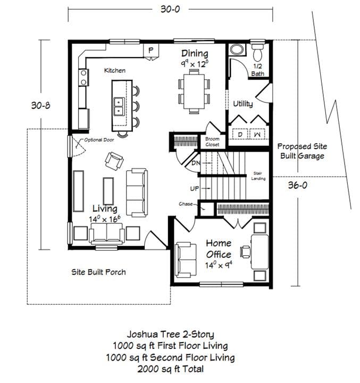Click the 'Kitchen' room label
click(x=114, y=70)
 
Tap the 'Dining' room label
click(x=195, y=53)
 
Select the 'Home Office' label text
click(x=219, y=249)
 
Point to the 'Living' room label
click(x=105, y=209)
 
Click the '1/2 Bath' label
click(x=257, y=70)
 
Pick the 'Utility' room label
click(x=242, y=104)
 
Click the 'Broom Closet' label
click(x=212, y=141)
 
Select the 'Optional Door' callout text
click(x=99, y=140)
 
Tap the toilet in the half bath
click(x=257, y=53)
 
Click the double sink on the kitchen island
click(x=118, y=106)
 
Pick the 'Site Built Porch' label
click(x=99, y=272)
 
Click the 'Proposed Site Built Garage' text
click(x=303, y=151)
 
